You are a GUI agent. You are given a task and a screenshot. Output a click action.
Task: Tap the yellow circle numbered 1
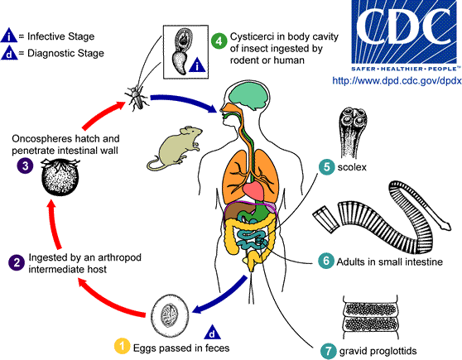point(121,344)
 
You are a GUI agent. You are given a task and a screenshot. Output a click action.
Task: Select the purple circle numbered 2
point(14,262)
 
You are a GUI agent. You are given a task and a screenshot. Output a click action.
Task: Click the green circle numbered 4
point(219,40)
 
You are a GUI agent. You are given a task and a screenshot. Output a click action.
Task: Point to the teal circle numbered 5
point(327,167)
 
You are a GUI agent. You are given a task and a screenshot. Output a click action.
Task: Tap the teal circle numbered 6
point(327,262)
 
